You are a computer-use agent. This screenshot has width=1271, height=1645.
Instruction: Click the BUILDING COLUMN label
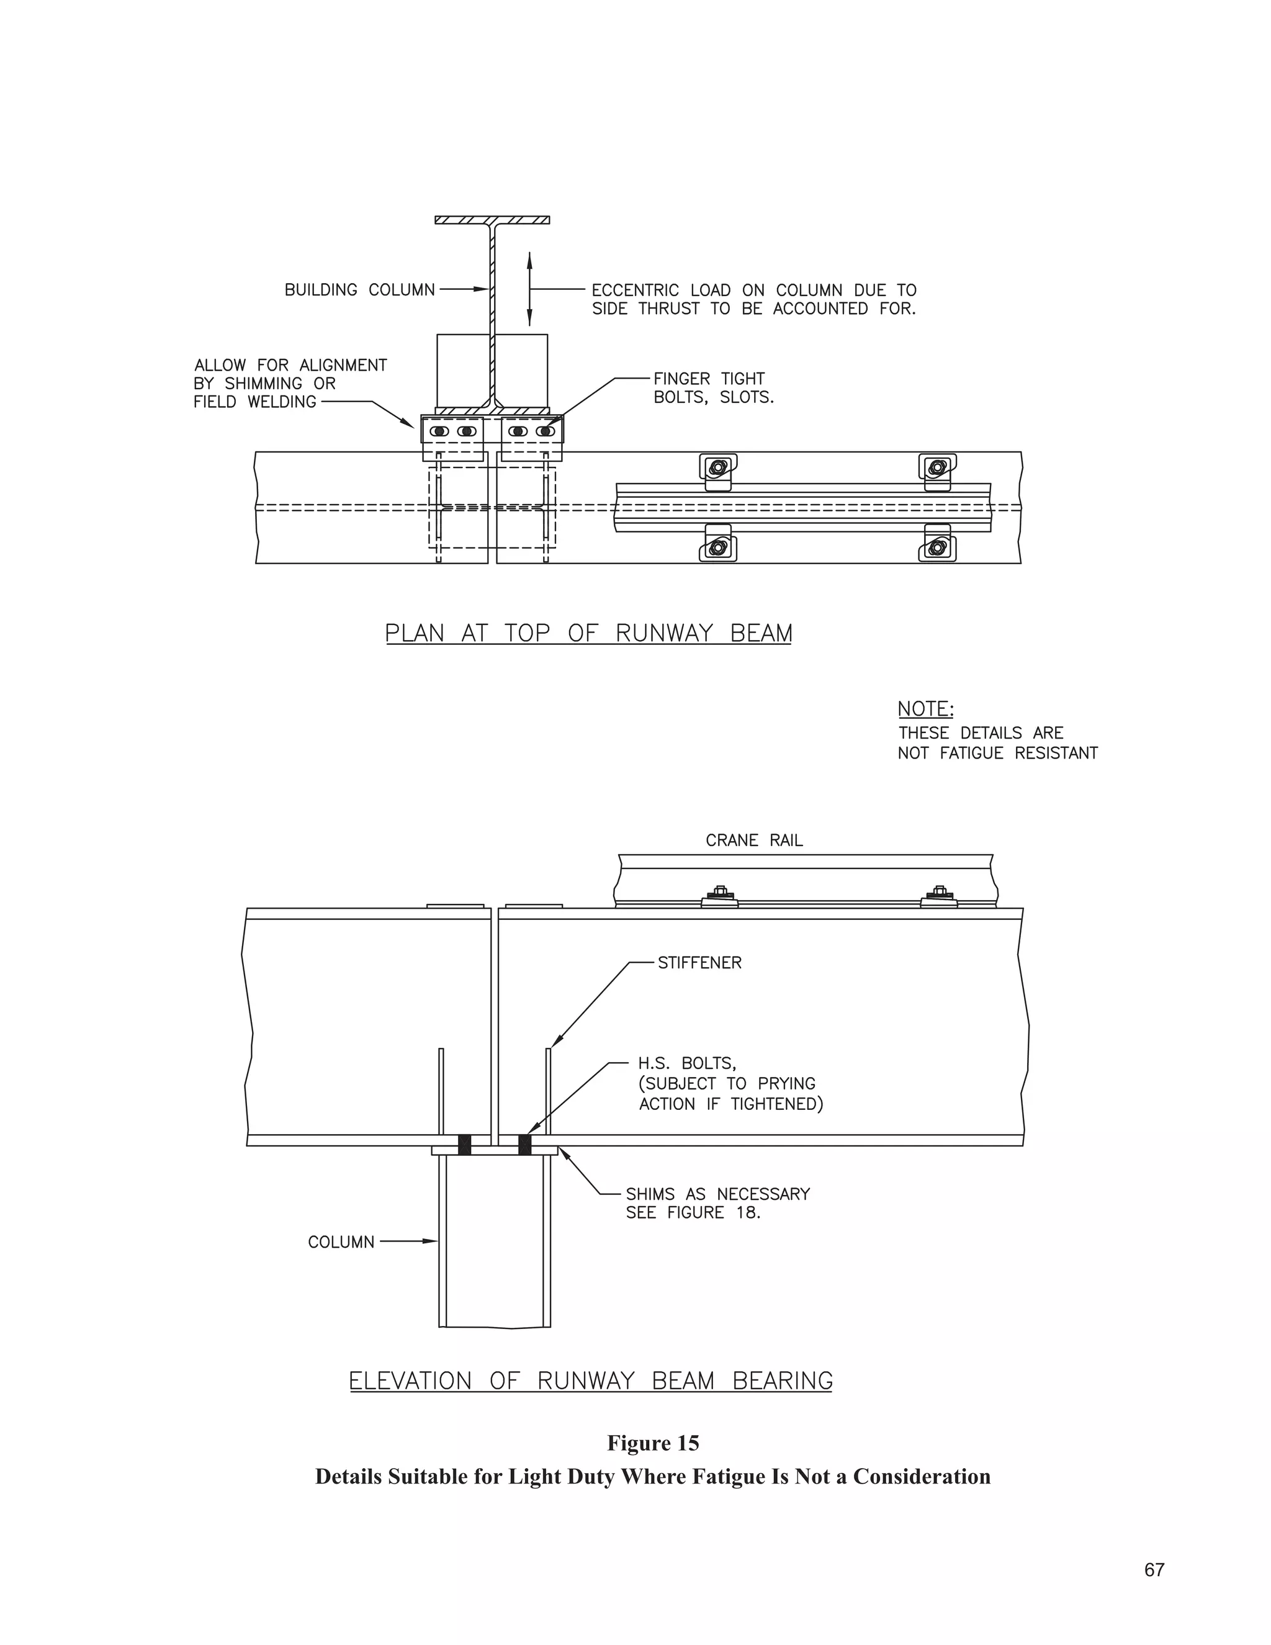click(359, 290)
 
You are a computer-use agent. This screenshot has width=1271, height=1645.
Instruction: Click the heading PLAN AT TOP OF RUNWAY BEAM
click(588, 633)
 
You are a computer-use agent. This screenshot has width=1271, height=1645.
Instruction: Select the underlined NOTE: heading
click(925, 709)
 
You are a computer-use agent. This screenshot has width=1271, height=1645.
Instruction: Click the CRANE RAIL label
click(753, 841)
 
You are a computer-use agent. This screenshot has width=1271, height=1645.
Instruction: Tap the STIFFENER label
click(699, 963)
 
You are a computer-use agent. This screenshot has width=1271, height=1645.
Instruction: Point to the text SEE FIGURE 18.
click(693, 1213)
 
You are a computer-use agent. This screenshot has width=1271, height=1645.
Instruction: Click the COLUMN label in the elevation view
click(341, 1242)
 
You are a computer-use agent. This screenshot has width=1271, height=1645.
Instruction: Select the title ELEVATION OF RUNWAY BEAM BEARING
click(591, 1381)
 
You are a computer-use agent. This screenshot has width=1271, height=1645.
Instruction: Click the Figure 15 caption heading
click(653, 1443)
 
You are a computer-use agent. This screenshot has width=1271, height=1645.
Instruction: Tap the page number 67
click(1154, 1570)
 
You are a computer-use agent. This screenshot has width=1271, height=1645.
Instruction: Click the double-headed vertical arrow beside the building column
click(529, 289)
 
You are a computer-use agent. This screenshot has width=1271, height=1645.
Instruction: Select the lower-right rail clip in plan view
click(938, 548)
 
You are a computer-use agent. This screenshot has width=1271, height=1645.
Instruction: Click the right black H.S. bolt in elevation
click(525, 1145)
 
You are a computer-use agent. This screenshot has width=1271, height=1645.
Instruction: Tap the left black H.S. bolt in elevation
click(465, 1145)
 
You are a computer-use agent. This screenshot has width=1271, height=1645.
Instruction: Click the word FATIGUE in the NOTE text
click(972, 753)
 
